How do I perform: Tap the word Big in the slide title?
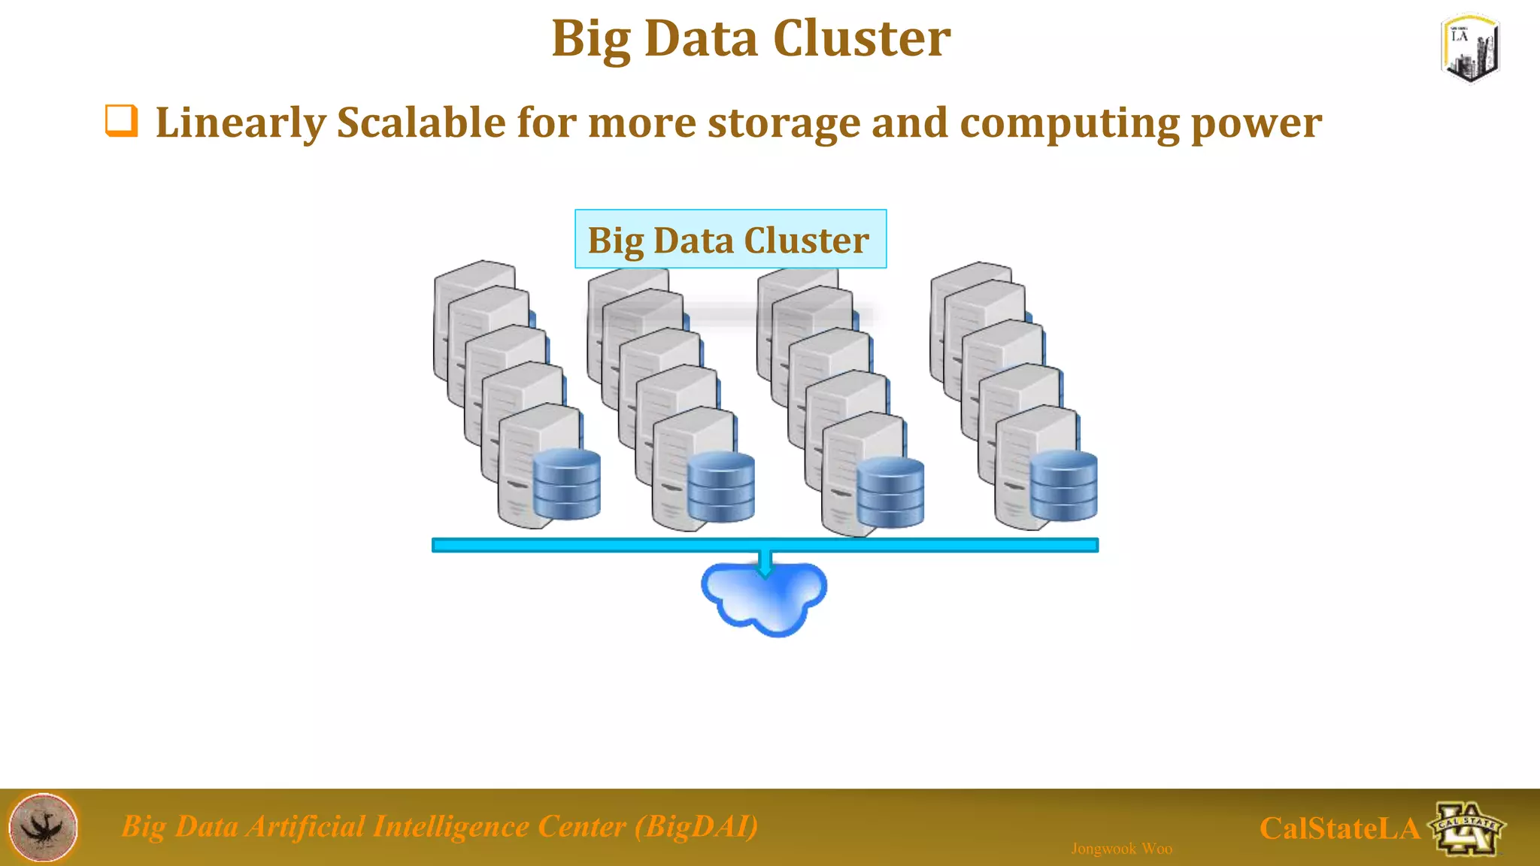[x=590, y=39]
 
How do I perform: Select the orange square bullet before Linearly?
[x=121, y=121]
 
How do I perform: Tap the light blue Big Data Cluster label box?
[x=730, y=239]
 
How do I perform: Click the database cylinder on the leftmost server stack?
[x=566, y=484]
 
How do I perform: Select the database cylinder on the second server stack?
[x=720, y=486]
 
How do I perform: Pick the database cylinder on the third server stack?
[x=890, y=492]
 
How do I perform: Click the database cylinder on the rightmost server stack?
[x=1063, y=486]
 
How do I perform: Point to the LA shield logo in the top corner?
[x=1470, y=48]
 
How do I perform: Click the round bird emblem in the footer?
[x=43, y=827]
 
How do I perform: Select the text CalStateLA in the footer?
[x=1338, y=828]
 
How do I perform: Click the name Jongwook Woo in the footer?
[x=1121, y=849]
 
